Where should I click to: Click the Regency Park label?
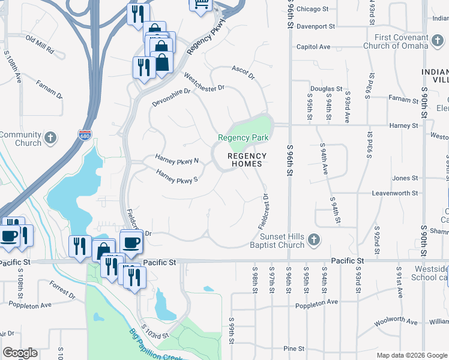[243, 137]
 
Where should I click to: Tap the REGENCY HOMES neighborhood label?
[247, 160]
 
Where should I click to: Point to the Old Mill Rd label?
[40, 44]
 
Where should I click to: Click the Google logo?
[20, 353]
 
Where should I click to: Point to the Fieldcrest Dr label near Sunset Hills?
[262, 211]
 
